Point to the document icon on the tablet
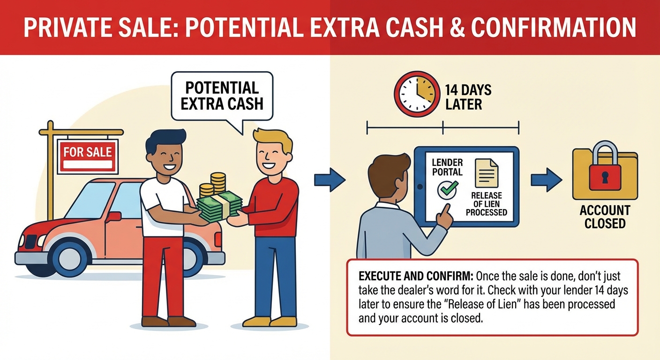tap(486, 173)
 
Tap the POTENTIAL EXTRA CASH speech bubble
tap(222, 96)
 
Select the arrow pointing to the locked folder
tap(546, 180)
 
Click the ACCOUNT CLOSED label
tap(605, 217)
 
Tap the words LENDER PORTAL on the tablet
tap(446, 167)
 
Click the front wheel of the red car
tap(70, 259)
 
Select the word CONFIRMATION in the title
tap(554, 28)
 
